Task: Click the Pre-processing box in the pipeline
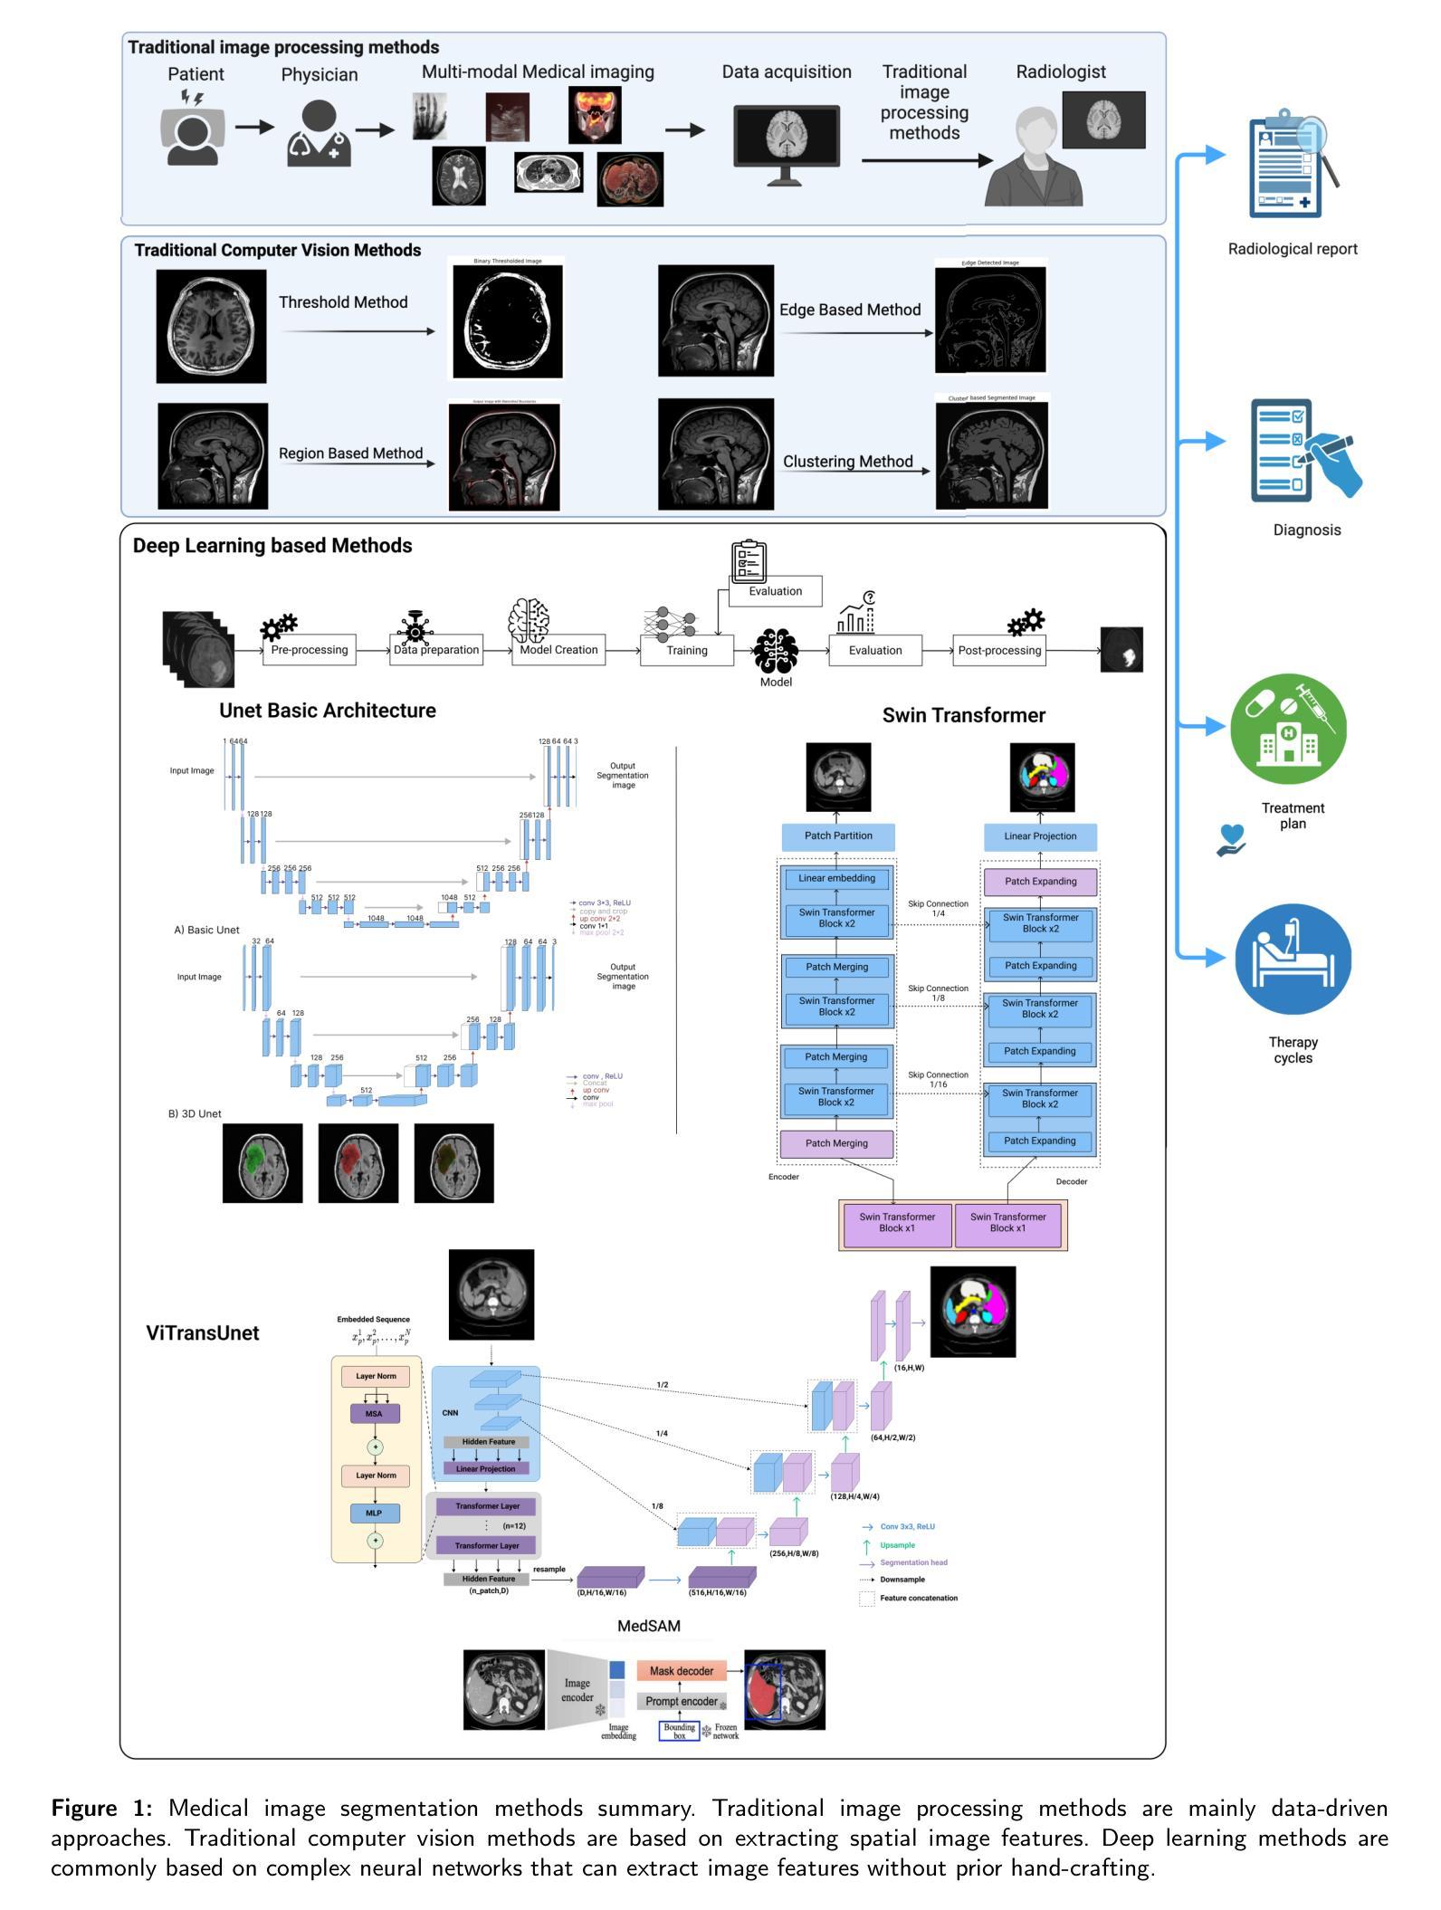(x=310, y=650)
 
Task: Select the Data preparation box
(x=436, y=650)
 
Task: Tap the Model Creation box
(x=558, y=650)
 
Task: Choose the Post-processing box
(x=999, y=650)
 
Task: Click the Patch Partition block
(x=838, y=836)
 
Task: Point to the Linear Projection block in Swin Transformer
(x=1040, y=836)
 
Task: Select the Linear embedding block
(x=836, y=878)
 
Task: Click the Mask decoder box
(x=682, y=1671)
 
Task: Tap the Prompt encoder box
(x=682, y=1701)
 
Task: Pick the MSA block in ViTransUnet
(x=374, y=1414)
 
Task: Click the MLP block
(x=374, y=1513)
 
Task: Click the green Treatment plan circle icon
(x=1288, y=728)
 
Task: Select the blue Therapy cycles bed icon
(x=1293, y=959)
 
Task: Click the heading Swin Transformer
(x=963, y=715)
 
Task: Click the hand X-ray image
(x=430, y=116)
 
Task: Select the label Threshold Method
(x=343, y=302)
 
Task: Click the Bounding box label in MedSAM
(x=679, y=1732)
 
